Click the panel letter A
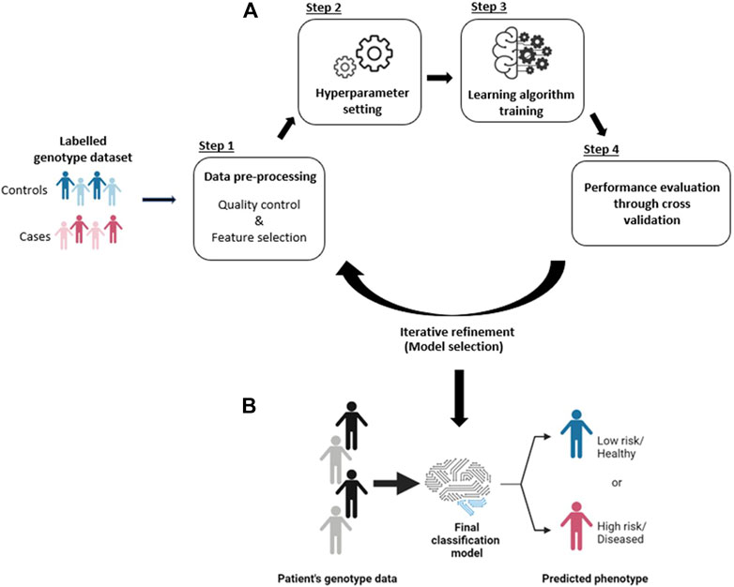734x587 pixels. pos(251,11)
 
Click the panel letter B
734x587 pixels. pos(251,407)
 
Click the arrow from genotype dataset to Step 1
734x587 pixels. pos(160,199)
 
